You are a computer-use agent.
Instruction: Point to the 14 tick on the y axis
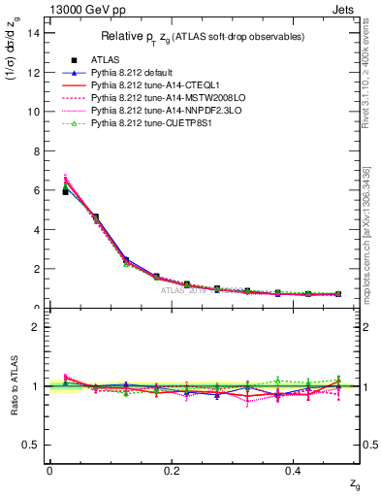click(35, 33)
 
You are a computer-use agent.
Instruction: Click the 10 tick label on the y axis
click(35, 112)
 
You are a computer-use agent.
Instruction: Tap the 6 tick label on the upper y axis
click(38, 190)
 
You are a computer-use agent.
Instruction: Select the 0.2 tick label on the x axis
click(172, 471)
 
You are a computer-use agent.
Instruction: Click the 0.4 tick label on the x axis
click(295, 471)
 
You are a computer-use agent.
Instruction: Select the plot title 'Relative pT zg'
click(204, 36)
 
